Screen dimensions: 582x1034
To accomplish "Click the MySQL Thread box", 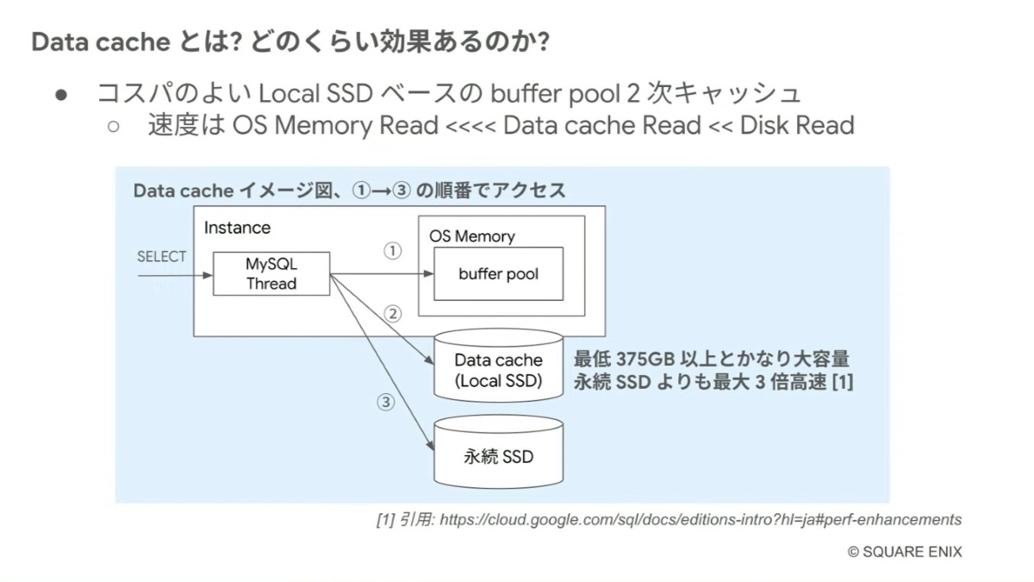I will pyautogui.click(x=271, y=274).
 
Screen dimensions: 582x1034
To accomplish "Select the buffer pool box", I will pyautogui.click(x=498, y=274).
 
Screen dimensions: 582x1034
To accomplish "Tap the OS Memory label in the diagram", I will pyautogui.click(x=471, y=236).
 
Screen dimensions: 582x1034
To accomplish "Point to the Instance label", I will pyautogui.click(x=237, y=228).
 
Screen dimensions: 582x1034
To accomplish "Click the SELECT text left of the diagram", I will pyautogui.click(x=161, y=257).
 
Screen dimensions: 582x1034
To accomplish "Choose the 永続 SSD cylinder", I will pyautogui.click(x=498, y=455).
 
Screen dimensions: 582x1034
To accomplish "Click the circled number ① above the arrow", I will pyautogui.click(x=392, y=251).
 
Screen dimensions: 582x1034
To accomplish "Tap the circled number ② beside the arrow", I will pyautogui.click(x=393, y=314).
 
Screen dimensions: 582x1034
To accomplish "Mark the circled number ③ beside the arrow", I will pyautogui.click(x=385, y=401).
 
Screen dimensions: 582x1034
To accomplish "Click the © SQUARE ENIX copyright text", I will pyautogui.click(x=905, y=552).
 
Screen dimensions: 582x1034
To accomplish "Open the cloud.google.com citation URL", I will pyautogui.click(x=700, y=520).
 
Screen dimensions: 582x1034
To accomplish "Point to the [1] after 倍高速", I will pyautogui.click(x=841, y=382).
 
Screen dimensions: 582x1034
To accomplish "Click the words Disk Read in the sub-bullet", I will pyautogui.click(x=797, y=126).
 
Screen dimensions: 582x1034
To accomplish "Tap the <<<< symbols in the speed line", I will pyautogui.click(x=470, y=127).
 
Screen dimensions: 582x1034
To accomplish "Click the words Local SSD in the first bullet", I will pyautogui.click(x=305, y=92).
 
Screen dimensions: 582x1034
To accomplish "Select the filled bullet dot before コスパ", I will pyautogui.click(x=61, y=94).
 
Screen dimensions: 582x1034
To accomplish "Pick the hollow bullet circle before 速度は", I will pyautogui.click(x=113, y=127).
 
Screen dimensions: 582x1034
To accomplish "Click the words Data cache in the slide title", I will pyautogui.click(x=99, y=41).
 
